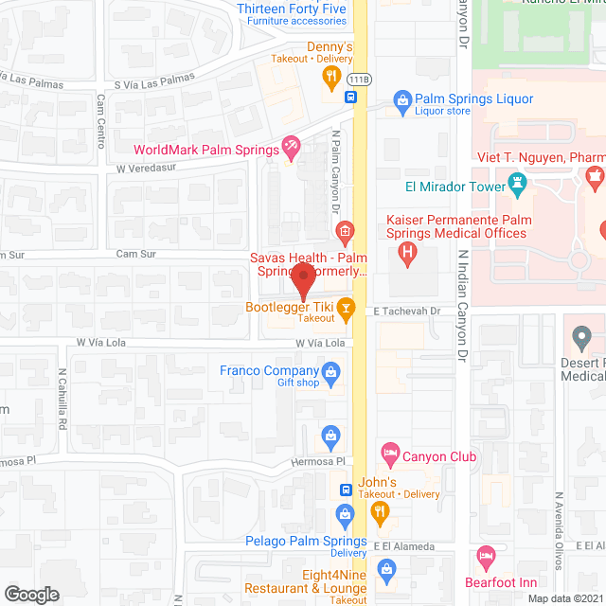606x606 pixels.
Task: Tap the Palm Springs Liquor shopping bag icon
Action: coord(402,98)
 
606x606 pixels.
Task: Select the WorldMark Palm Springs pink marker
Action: coord(292,147)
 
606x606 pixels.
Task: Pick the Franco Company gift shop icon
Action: coord(330,371)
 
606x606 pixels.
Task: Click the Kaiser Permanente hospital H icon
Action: coord(406,252)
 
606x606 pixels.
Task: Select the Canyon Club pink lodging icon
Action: coord(389,452)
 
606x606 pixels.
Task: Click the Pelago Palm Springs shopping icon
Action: coord(346,512)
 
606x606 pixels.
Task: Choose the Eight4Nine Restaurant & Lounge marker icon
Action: coord(385,568)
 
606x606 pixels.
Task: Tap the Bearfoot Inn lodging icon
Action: coord(487,554)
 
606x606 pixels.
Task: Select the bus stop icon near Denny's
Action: coord(350,97)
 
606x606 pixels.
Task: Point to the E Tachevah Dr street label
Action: coord(407,311)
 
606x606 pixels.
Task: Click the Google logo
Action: coord(30,594)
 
